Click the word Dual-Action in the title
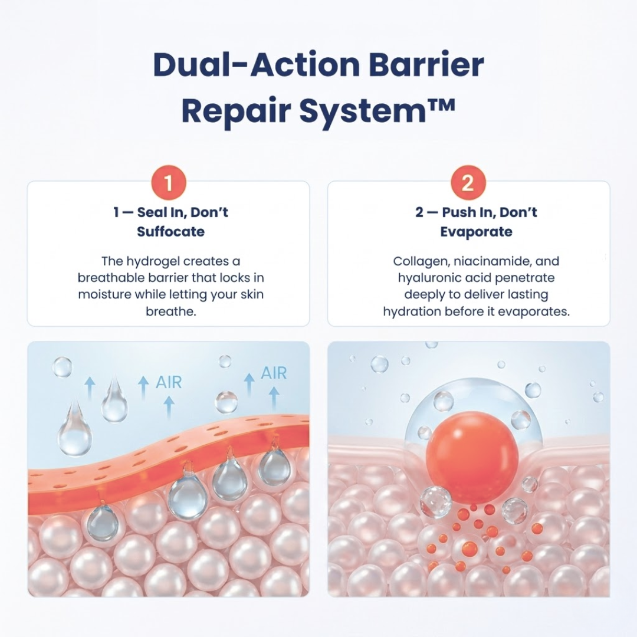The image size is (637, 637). point(257,65)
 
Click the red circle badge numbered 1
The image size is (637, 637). point(168,182)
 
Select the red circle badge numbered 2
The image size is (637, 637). point(468,182)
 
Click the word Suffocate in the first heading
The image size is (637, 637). point(170,232)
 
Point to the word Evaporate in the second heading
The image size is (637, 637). point(476,232)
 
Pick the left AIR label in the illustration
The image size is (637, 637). point(169,382)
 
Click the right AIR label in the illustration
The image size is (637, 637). point(274,373)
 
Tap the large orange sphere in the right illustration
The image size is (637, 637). point(472,449)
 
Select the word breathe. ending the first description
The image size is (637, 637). point(170,311)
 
